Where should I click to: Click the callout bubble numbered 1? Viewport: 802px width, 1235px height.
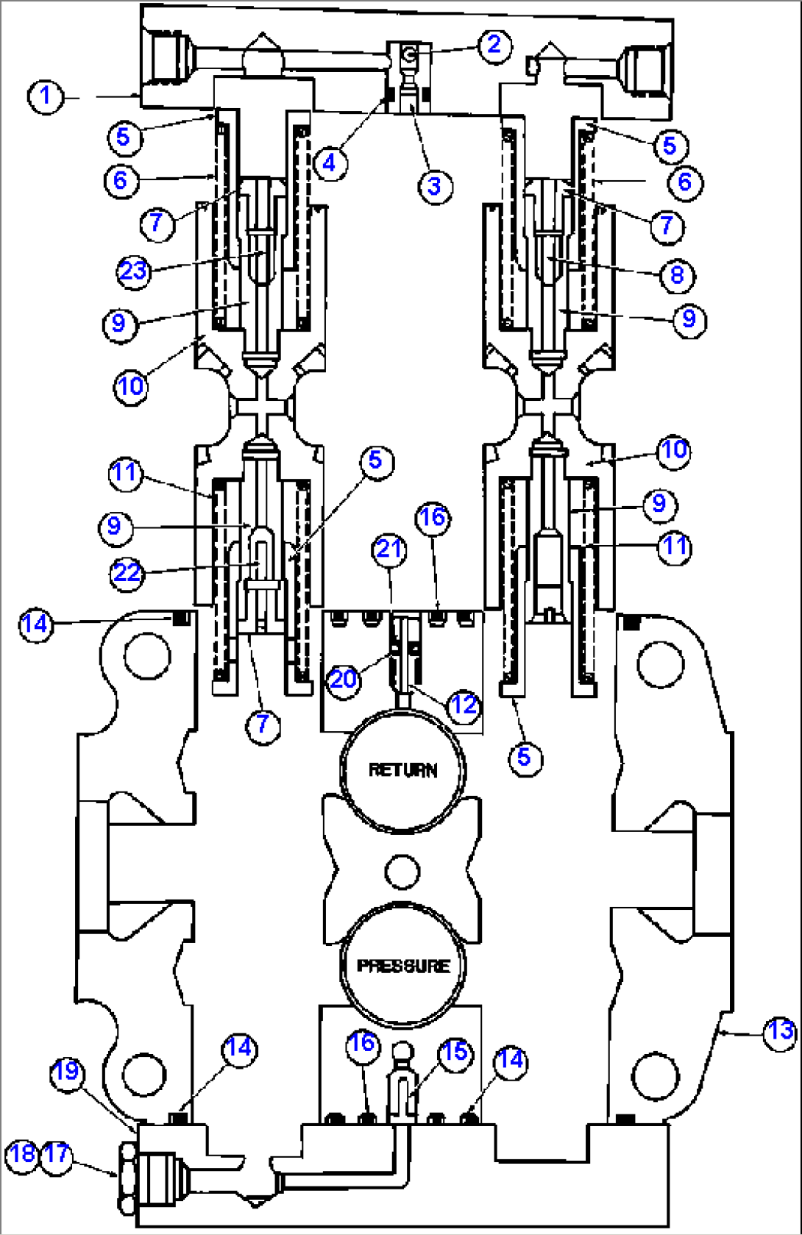click(x=45, y=96)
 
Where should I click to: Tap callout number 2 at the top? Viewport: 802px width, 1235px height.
click(x=494, y=45)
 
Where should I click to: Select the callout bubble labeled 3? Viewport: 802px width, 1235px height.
click(x=435, y=187)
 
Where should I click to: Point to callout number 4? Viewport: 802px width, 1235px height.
click(x=330, y=163)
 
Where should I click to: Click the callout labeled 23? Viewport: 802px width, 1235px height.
click(x=134, y=271)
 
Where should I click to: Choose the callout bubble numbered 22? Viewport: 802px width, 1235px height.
click(x=127, y=574)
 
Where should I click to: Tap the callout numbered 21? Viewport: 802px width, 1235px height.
click(x=390, y=549)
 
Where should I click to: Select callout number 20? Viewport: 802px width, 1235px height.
click(x=344, y=680)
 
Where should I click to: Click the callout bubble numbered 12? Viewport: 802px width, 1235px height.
click(x=464, y=705)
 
